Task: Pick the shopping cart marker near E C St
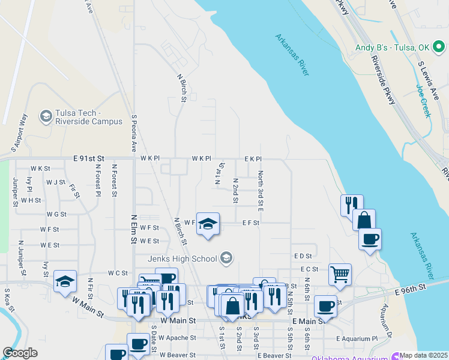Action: [x=340, y=274]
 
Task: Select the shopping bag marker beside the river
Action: [x=364, y=220]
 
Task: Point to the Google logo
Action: [x=20, y=353]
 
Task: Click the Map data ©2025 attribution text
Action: [x=424, y=355]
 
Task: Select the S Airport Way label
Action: [x=17, y=132]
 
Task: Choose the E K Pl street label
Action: [x=253, y=158]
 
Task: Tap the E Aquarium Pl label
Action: [x=357, y=338]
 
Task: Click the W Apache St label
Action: [x=177, y=338]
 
